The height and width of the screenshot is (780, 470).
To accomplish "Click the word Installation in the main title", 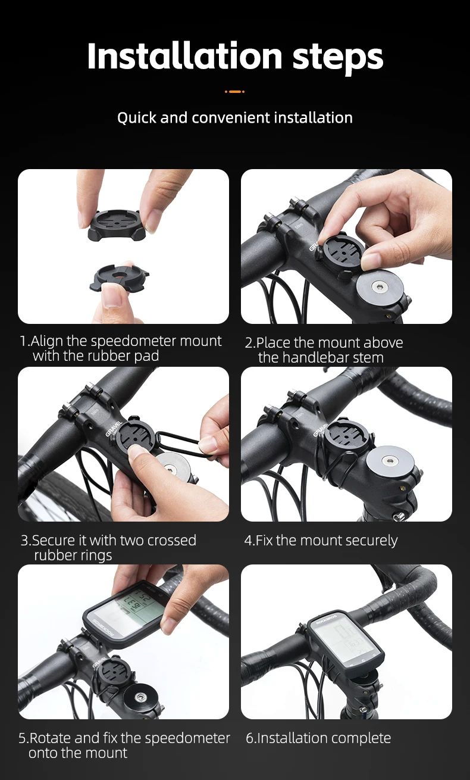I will [184, 56].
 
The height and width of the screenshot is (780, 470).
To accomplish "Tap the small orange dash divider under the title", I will [234, 92].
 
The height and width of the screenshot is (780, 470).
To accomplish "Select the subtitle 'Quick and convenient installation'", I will [234, 118].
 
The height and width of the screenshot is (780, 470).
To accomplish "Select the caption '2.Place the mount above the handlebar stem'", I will [324, 350].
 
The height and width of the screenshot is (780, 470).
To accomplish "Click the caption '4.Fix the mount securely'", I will [321, 541].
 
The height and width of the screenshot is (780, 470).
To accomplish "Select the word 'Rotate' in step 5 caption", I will [51, 738].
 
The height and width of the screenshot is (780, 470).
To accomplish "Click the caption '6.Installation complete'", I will [318, 738].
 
